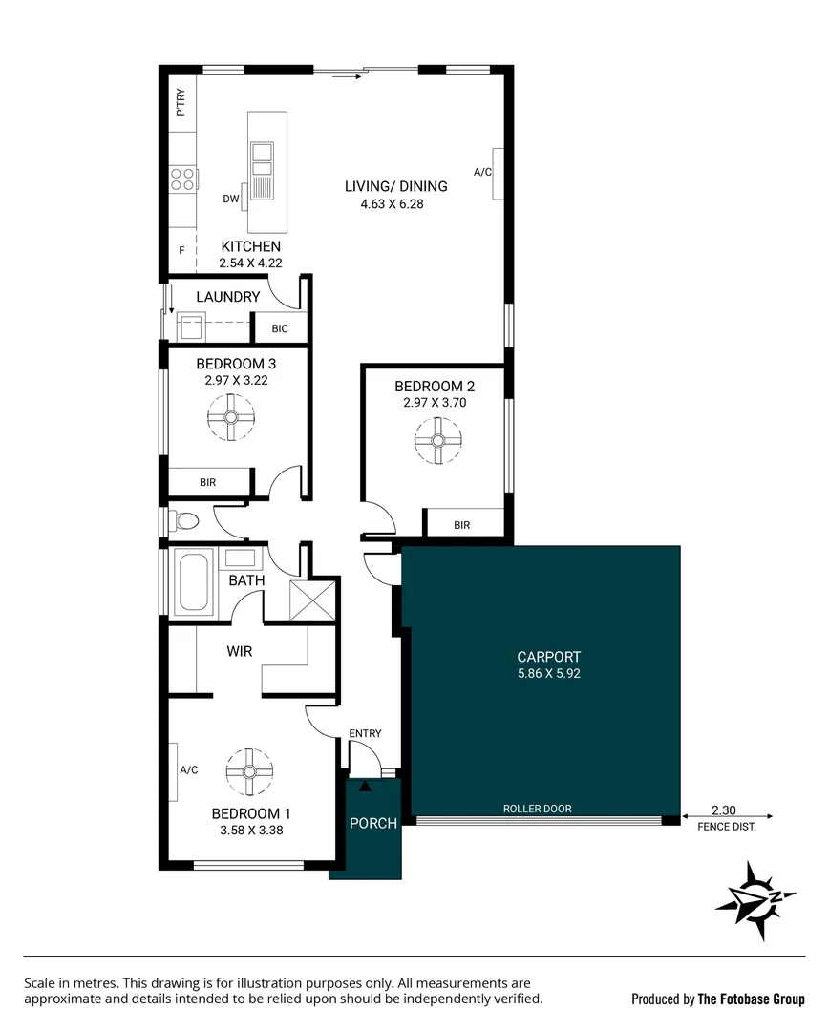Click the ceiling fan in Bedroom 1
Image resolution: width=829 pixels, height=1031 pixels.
coord(249,770)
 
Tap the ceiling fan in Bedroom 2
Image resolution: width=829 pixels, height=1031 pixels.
coord(437,441)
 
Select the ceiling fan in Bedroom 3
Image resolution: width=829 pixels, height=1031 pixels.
coord(230,416)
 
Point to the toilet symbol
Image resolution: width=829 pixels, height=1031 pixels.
coord(184,521)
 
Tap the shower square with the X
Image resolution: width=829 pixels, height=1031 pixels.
coord(314,598)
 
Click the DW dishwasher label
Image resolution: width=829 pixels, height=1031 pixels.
coord(230,200)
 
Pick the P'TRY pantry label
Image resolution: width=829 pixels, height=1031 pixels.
coord(181,101)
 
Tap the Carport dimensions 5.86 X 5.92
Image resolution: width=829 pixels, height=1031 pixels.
coord(548,673)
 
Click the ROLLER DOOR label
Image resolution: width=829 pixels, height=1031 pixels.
coord(537,809)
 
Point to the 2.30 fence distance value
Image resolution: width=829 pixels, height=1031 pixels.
coord(722,808)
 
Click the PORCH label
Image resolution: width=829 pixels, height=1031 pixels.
coord(372,823)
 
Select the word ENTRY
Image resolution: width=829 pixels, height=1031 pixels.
coord(365,733)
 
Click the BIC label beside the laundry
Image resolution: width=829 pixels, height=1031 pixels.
coord(280,328)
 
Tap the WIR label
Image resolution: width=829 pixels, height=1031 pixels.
coord(239,652)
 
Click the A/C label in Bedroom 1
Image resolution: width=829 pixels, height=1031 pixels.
coord(188,770)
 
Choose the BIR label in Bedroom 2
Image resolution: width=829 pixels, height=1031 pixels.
coord(462,525)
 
